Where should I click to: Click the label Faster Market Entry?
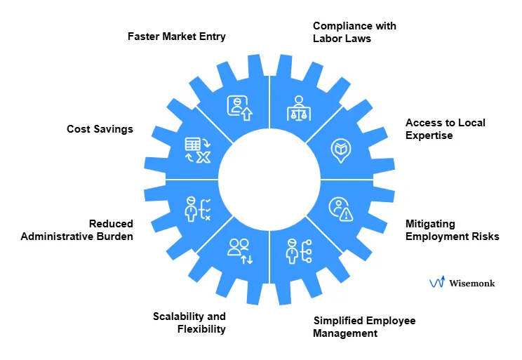click(176, 36)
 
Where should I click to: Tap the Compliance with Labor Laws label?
click(354, 32)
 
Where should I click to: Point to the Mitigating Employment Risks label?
click(453, 230)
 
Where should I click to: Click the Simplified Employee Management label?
click(364, 326)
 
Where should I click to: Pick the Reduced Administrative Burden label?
click(77, 230)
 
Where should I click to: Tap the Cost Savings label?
click(100, 129)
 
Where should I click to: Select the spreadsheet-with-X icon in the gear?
click(197, 150)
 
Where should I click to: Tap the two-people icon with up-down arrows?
click(240, 251)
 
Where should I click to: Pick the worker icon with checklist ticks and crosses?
click(197, 209)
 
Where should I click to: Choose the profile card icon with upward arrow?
click(239, 107)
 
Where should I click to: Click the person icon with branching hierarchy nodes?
click(300, 251)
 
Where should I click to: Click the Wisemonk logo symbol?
click(437, 282)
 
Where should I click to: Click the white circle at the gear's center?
click(269, 180)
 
